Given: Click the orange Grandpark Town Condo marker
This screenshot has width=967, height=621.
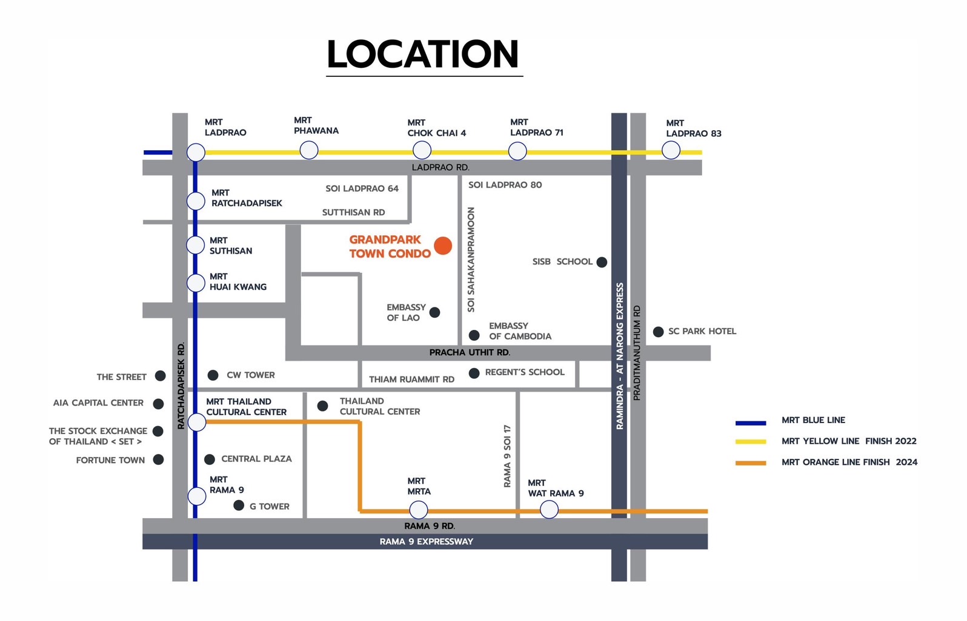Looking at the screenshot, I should (x=443, y=246).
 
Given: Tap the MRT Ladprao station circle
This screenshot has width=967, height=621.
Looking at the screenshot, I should (x=196, y=153).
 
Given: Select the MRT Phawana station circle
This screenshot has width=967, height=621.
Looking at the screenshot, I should (x=309, y=150).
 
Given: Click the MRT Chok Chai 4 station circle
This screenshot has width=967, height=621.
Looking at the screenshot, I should (x=422, y=150).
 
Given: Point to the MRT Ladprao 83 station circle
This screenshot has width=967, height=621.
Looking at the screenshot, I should (x=671, y=150).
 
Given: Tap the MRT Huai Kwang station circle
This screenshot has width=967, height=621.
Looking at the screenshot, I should (x=196, y=283).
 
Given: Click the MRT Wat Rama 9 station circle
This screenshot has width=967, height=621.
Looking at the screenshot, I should (x=549, y=510).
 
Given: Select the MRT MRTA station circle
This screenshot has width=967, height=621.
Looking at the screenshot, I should (x=419, y=510).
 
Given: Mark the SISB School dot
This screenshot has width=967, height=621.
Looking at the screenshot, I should (x=602, y=262).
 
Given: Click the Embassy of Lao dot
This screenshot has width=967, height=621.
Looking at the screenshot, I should (x=434, y=312).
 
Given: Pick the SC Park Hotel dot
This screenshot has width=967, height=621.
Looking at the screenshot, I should (x=658, y=332).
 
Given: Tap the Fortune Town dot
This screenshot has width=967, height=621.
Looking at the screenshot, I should (x=158, y=460).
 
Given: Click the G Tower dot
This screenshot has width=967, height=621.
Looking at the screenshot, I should (x=239, y=505).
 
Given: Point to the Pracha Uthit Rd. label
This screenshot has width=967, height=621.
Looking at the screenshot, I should (x=470, y=352).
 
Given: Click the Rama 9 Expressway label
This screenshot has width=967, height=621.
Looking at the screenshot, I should (x=426, y=542).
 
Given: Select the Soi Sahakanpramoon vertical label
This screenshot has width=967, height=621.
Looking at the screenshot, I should (x=471, y=260).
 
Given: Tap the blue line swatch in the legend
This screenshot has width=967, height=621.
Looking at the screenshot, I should (x=751, y=422).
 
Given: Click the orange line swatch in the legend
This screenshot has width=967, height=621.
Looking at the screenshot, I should (x=751, y=463).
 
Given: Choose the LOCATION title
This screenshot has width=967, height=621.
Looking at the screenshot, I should (x=423, y=54).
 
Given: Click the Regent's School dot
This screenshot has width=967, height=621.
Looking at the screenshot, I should (x=474, y=373).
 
